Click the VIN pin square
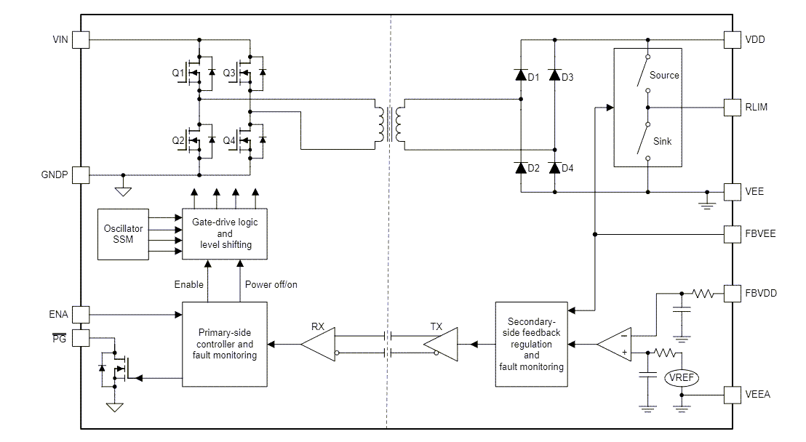click(81, 39)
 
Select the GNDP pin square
click(81, 175)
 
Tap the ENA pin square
click(81, 314)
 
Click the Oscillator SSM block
click(123, 233)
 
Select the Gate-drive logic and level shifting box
click(225, 233)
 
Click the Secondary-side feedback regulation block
click(531, 344)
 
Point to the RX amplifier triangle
click(318, 344)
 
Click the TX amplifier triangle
click(442, 344)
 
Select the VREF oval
click(682, 377)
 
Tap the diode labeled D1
click(520, 75)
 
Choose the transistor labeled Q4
click(246, 139)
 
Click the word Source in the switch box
click(663, 75)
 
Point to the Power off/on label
click(271, 284)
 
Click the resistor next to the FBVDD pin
click(703, 294)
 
